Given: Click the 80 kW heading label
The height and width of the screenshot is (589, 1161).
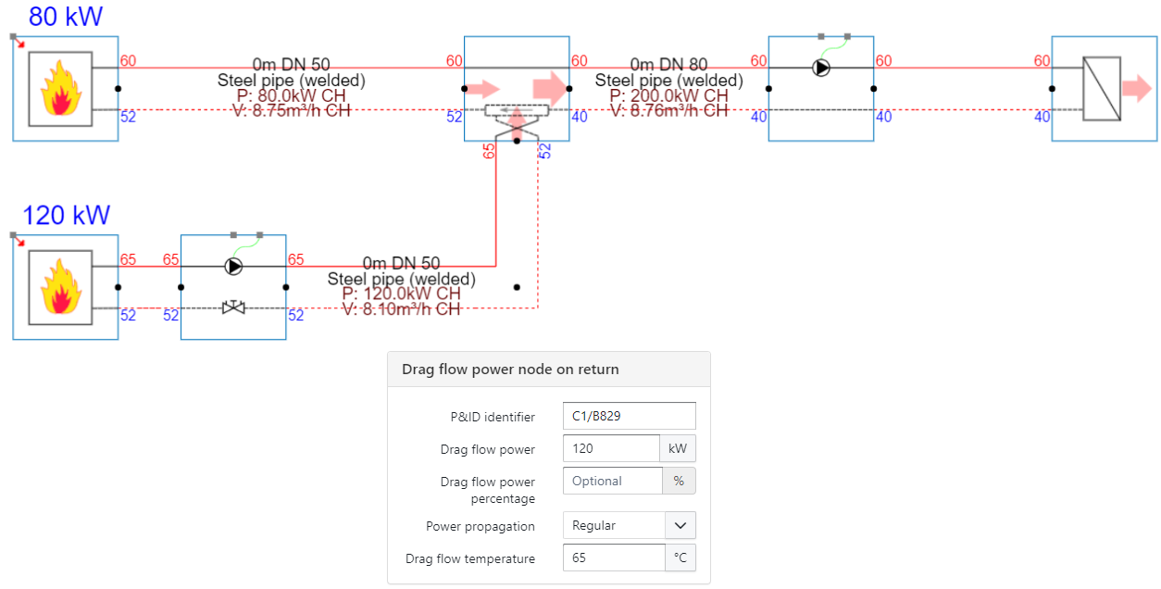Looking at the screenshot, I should click(66, 17).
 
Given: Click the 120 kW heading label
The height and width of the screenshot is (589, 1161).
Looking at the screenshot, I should click(66, 216).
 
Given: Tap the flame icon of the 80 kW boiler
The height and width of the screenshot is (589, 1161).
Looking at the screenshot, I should click(59, 88).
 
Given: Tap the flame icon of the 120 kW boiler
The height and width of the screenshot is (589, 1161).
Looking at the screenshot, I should click(59, 287).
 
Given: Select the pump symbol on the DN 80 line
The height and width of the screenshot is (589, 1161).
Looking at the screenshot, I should click(820, 68).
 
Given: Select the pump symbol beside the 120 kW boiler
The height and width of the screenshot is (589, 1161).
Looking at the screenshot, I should click(233, 267).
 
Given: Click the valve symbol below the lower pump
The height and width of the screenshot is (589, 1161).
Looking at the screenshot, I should click(233, 307).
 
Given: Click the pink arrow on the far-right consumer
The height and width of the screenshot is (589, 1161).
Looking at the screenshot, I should click(1134, 89).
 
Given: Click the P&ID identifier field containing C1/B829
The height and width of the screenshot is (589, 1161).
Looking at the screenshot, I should click(629, 416).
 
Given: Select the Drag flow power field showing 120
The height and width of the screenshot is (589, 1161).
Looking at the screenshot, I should click(611, 448).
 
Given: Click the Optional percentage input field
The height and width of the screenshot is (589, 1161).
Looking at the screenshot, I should click(613, 481).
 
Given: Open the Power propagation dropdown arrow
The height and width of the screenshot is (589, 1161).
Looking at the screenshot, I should click(680, 525).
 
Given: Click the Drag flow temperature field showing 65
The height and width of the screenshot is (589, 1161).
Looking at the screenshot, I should click(614, 558).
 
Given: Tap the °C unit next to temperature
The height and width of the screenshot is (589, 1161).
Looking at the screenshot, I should click(680, 558).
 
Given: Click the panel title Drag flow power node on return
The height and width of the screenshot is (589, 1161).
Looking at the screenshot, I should click(510, 370).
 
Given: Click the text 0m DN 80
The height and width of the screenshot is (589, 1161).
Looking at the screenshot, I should click(668, 65).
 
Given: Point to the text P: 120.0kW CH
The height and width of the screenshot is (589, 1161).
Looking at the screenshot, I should click(401, 294).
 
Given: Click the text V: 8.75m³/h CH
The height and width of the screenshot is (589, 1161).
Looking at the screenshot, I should click(292, 111).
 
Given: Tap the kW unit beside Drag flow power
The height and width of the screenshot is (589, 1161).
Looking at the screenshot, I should click(678, 448).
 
